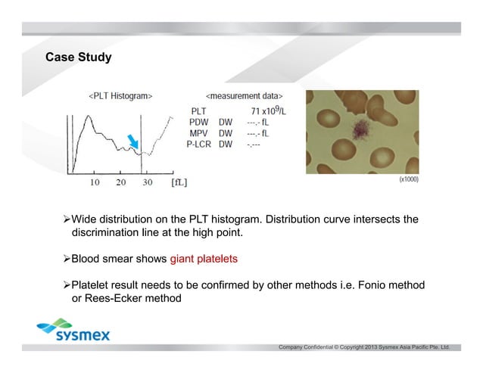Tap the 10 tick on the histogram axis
(96, 182)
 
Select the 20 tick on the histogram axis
(121, 182)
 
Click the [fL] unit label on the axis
(179, 182)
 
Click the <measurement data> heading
(245, 96)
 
